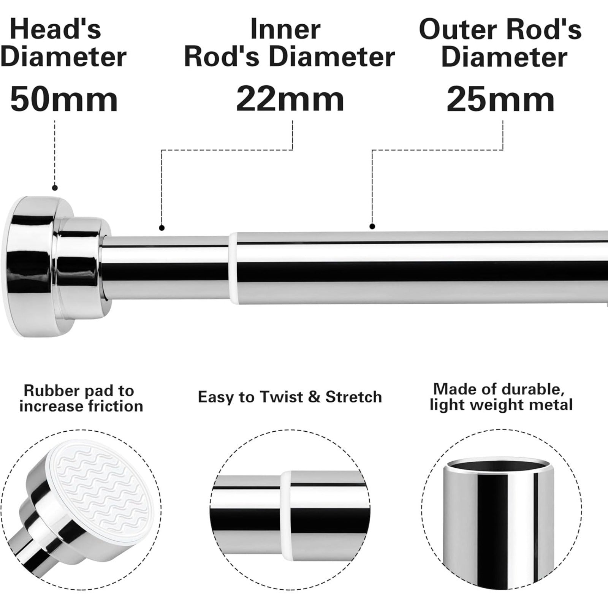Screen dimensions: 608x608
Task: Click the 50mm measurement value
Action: pyautogui.click(x=64, y=99)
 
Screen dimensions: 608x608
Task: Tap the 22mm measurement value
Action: pyautogui.click(x=290, y=99)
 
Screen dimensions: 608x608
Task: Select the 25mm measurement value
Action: pyautogui.click(x=500, y=99)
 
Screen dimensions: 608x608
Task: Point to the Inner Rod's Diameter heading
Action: pyautogui.click(x=290, y=43)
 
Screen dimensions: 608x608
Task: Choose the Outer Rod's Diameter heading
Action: pyautogui.click(x=500, y=43)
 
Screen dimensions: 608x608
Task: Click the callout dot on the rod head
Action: pyautogui.click(x=55, y=187)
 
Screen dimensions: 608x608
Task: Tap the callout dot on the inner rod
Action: pyautogui.click(x=162, y=228)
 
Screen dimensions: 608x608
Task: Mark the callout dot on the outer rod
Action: pyautogui.click(x=372, y=226)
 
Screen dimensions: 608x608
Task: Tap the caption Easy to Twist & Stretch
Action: pyautogui.click(x=290, y=397)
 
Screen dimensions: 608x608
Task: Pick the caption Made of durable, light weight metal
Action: pyautogui.click(x=501, y=397)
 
